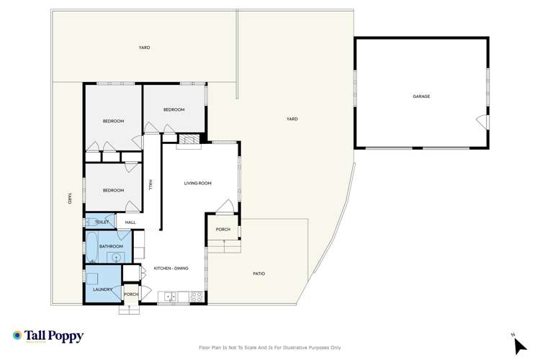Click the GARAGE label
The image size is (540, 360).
421,96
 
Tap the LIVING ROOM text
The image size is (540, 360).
197,184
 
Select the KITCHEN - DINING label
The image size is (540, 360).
171,269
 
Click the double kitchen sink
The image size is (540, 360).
171,295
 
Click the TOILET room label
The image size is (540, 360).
102,222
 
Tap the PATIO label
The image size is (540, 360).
259,274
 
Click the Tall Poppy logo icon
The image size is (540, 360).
17,336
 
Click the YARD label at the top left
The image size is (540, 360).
144,48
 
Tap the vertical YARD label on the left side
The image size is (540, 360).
69,198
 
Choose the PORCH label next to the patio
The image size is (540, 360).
222,230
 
